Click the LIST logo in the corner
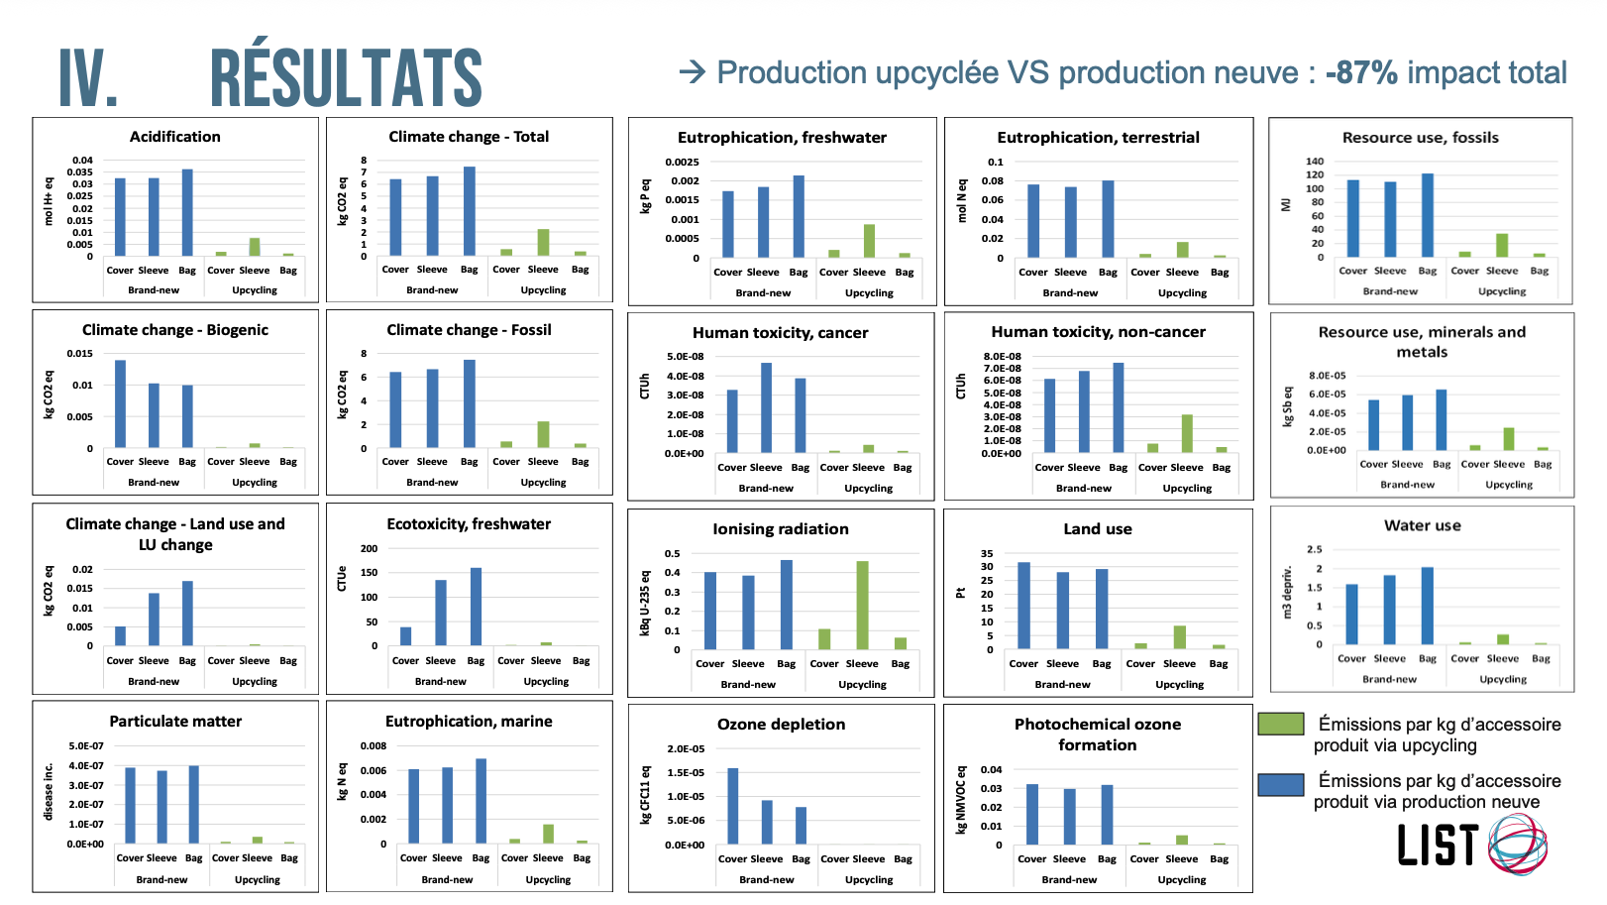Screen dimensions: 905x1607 click(1471, 844)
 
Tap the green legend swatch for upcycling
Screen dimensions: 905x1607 click(1280, 724)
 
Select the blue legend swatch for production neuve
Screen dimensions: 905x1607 click(1280, 784)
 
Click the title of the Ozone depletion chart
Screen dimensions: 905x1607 click(781, 725)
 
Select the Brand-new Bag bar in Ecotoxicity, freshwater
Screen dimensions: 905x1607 click(476, 607)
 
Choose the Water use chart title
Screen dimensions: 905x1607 click(1422, 526)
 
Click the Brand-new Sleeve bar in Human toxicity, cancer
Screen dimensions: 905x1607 click(766, 407)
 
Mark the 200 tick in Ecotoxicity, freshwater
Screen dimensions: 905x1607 click(369, 548)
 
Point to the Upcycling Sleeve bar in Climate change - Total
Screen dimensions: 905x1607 click(543, 243)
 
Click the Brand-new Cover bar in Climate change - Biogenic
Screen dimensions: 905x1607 click(121, 403)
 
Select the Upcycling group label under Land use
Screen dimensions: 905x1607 click(1179, 684)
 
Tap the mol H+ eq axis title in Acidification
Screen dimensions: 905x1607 click(49, 201)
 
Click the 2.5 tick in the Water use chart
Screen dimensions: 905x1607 click(1314, 549)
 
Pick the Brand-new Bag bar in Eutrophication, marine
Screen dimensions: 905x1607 click(481, 801)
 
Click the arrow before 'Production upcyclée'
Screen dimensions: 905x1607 click(692, 71)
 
